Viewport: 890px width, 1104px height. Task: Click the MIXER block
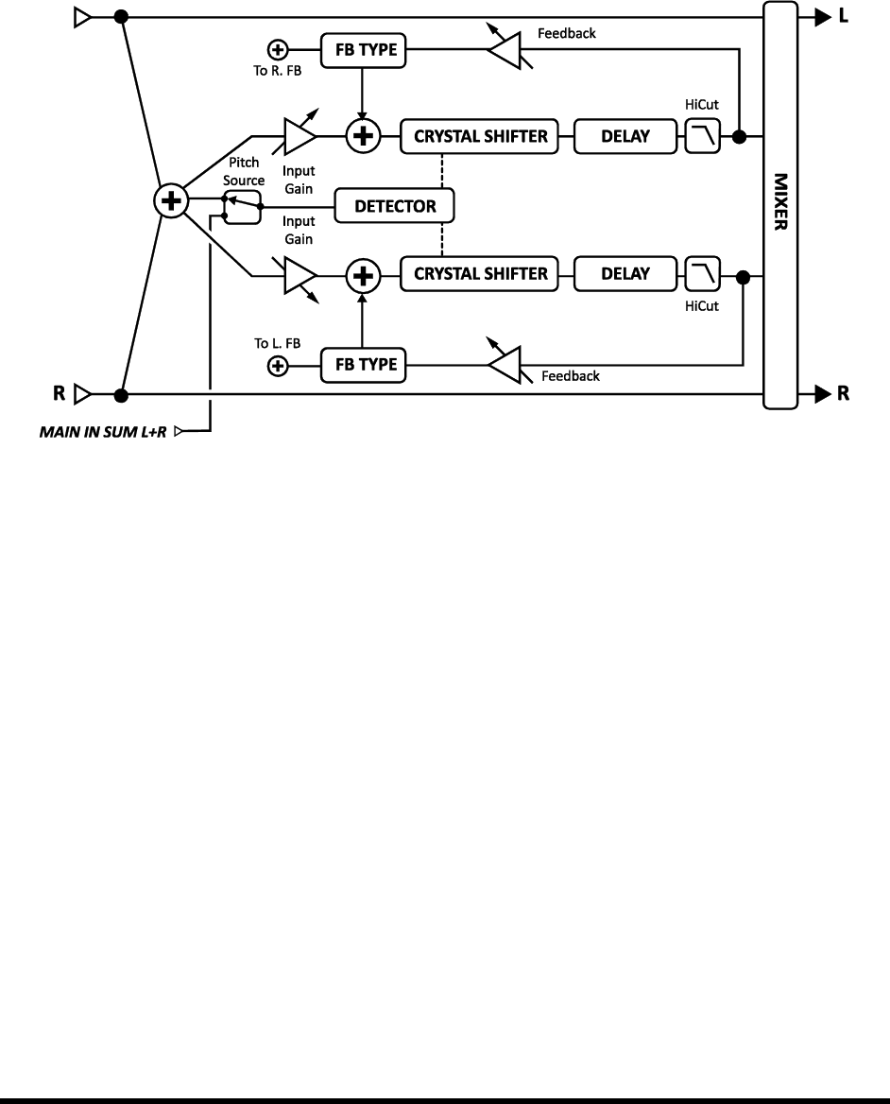click(779, 204)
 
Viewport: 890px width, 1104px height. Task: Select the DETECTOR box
click(396, 205)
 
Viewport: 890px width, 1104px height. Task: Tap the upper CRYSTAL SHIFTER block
click(480, 136)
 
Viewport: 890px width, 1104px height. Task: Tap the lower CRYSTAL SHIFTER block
click(480, 274)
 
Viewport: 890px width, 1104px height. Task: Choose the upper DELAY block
click(625, 136)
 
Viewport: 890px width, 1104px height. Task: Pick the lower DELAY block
click(625, 274)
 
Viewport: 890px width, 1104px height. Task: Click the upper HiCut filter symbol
click(702, 138)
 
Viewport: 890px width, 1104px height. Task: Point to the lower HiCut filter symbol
click(702, 275)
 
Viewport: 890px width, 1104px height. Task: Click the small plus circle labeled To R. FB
click(278, 48)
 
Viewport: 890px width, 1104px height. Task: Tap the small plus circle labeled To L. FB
click(278, 366)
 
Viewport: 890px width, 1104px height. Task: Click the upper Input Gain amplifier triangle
click(299, 137)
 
